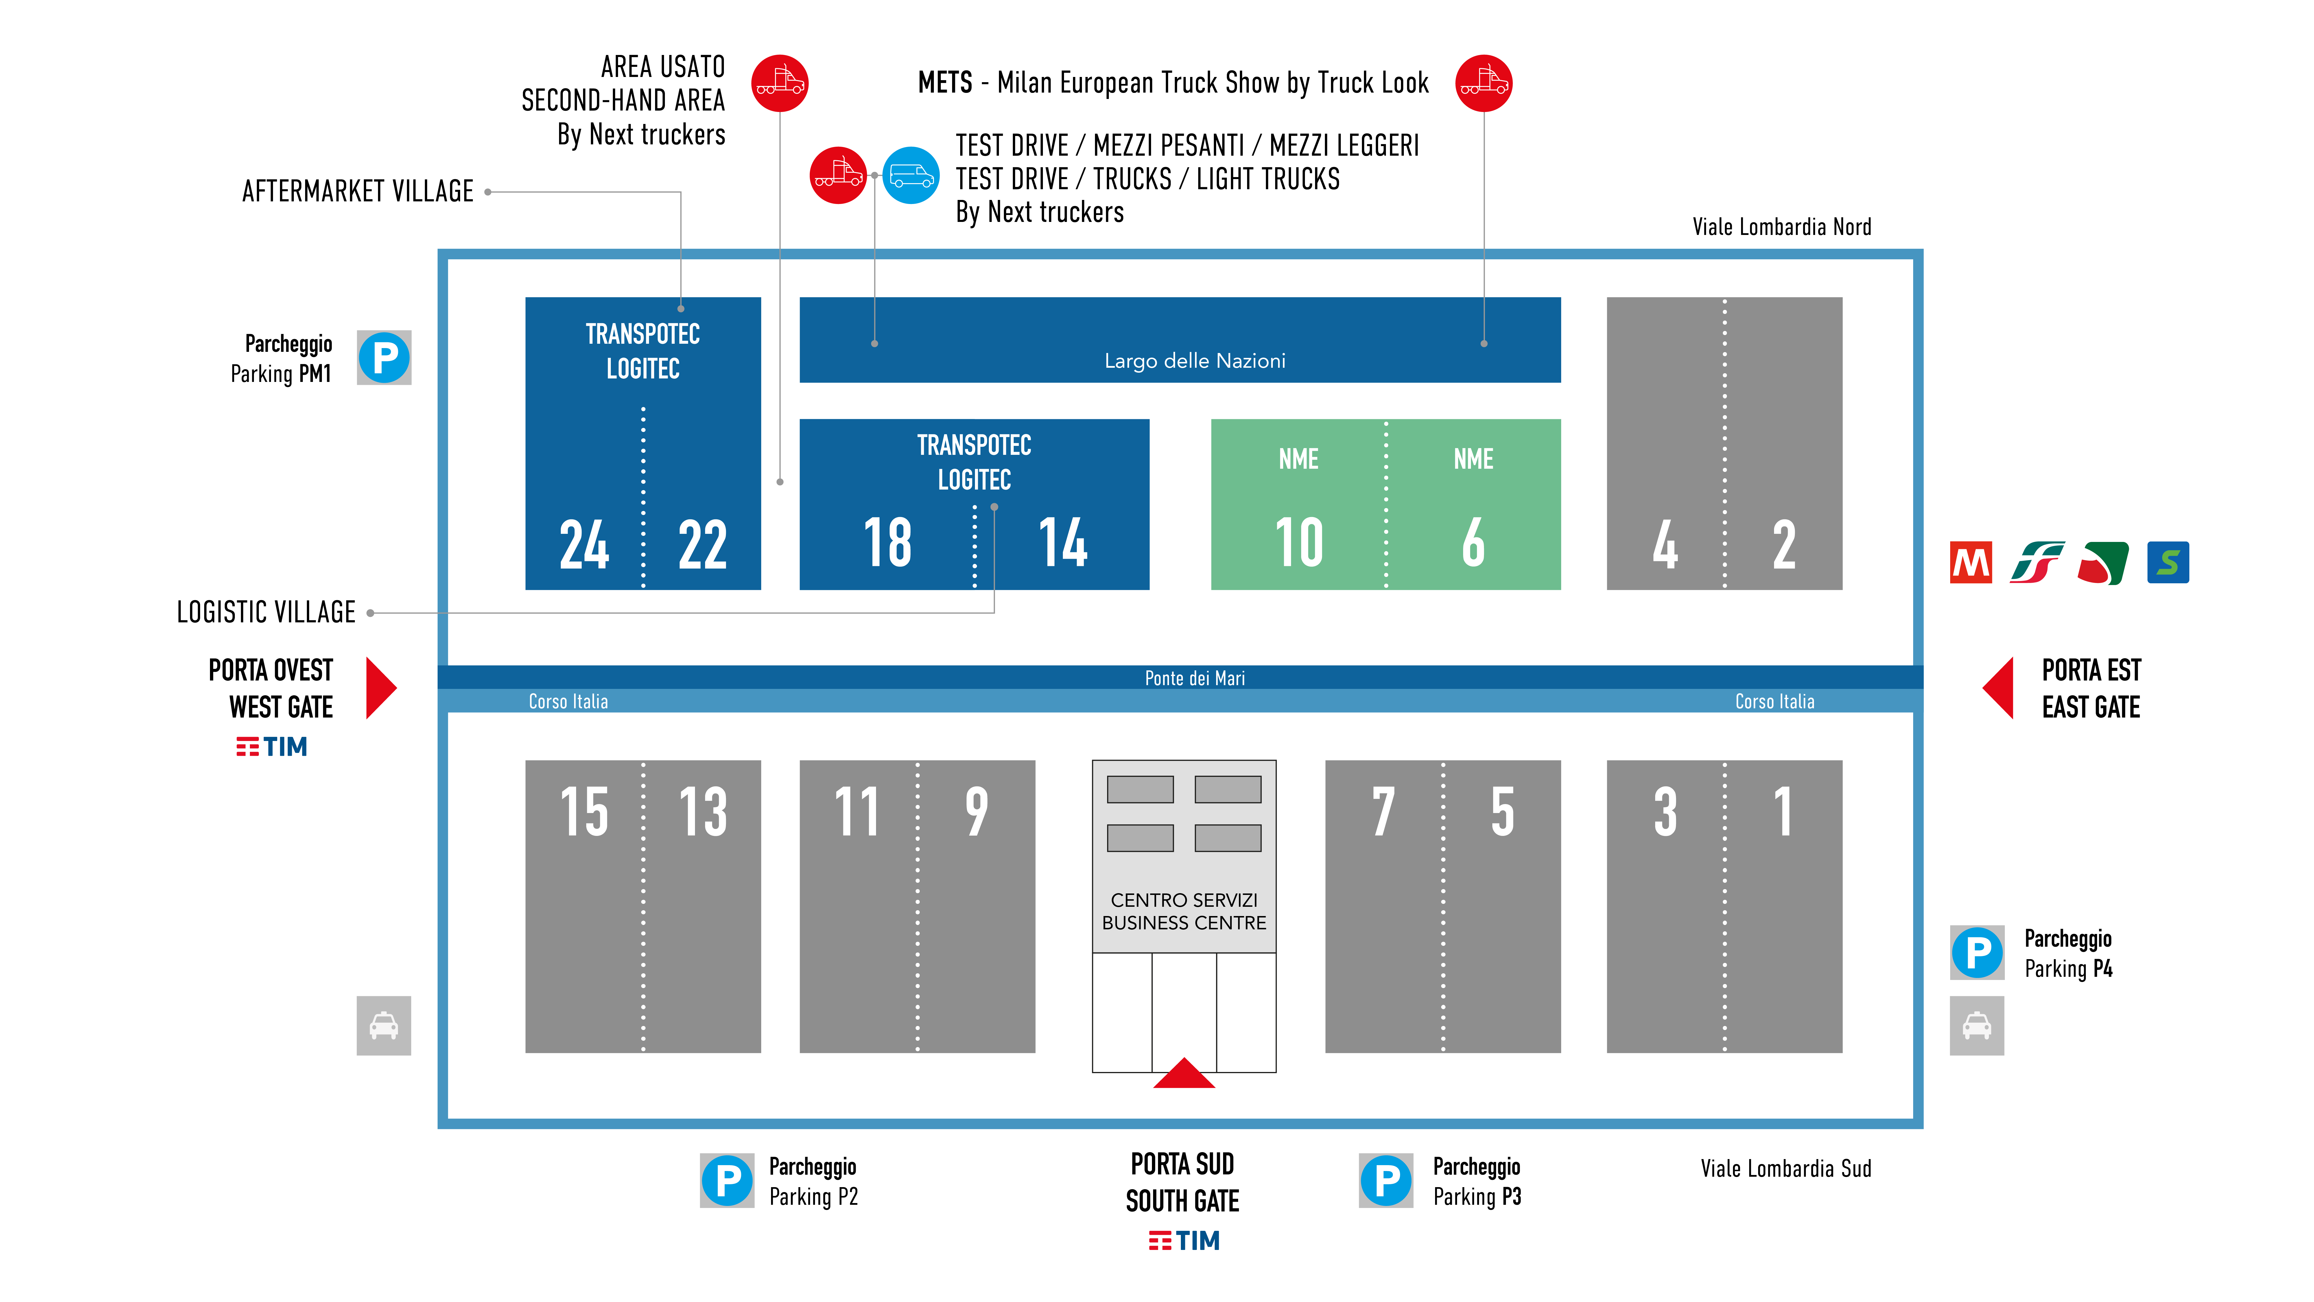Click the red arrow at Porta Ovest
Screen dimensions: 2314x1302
tap(379, 688)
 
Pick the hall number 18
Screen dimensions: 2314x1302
tap(888, 543)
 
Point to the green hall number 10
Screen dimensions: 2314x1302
tap(1299, 543)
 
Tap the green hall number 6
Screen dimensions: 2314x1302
tap(1473, 543)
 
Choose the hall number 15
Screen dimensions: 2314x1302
tap(584, 811)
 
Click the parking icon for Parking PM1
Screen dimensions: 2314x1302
tap(384, 358)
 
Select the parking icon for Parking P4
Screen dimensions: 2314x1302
tap(1977, 952)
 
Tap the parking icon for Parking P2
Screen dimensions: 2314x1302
tap(728, 1181)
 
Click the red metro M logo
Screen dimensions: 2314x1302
tap(1971, 562)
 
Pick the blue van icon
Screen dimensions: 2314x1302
tap(911, 175)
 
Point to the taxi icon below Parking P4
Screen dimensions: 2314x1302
tap(1977, 1026)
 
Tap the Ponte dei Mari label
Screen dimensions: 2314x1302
tap(1195, 678)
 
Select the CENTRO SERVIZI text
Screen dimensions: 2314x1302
tap(1184, 900)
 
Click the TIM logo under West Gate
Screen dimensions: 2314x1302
tap(271, 747)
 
